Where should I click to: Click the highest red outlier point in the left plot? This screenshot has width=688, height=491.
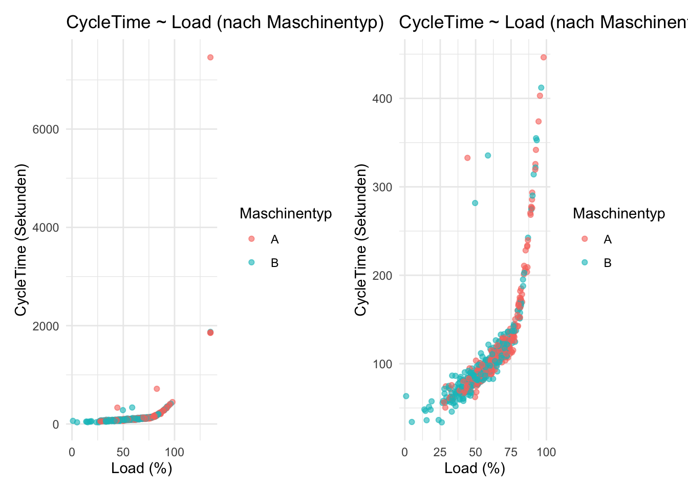tap(210, 57)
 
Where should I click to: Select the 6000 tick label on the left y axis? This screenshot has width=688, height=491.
tap(46, 129)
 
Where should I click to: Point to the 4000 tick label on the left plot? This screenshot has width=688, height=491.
tap(46, 228)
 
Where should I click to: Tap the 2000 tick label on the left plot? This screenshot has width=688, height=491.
tap(46, 326)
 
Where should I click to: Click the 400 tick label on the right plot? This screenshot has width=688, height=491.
tap(382, 99)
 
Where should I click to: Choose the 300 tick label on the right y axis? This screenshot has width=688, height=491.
tap(382, 187)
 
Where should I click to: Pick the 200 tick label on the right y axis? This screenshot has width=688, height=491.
tap(382, 276)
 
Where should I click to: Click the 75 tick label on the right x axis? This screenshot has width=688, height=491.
tap(511, 452)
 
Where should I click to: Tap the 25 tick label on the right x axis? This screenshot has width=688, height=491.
tap(440, 452)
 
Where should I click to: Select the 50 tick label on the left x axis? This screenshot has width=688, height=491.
tap(123, 452)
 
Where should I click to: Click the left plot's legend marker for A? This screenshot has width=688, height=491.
tap(251, 239)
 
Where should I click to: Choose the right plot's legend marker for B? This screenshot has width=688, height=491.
tap(585, 262)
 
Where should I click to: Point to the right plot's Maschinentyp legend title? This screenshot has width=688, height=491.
tap(619, 214)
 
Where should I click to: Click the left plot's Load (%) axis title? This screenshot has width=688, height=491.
tap(142, 468)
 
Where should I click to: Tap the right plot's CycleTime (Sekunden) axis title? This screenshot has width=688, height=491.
tap(361, 240)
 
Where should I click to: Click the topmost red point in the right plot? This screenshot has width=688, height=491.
tap(544, 57)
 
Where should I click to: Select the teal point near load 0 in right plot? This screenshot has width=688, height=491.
tap(406, 396)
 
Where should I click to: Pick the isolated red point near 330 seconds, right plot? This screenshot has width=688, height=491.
tap(467, 158)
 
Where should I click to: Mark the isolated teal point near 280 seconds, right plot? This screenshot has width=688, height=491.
tap(475, 203)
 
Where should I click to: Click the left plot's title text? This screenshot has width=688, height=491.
tap(225, 23)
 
